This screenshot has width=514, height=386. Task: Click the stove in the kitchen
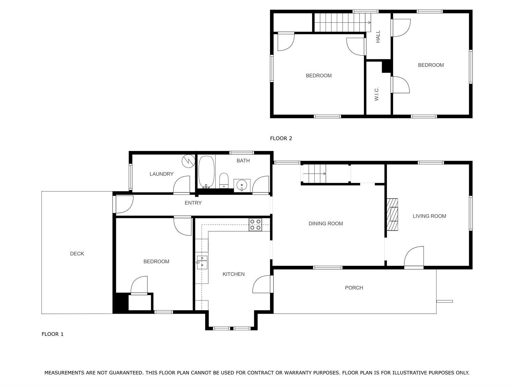[x=255, y=225]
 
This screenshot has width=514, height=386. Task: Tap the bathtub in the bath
[x=206, y=172]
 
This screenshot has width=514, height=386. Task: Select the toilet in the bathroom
[x=224, y=180]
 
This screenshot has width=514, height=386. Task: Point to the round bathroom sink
[x=242, y=186]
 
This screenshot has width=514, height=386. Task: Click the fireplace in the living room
[x=392, y=214]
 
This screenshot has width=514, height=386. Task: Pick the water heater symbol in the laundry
[x=188, y=161]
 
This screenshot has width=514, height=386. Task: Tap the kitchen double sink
[x=202, y=262]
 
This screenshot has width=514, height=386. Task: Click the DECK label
[x=77, y=254]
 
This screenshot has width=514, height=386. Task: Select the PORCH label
[x=354, y=288]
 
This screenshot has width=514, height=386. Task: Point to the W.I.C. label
[x=377, y=94]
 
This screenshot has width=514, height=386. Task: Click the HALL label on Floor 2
[x=378, y=37]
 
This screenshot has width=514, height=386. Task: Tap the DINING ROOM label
[x=326, y=224]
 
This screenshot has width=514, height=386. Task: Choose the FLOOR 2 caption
[x=281, y=138]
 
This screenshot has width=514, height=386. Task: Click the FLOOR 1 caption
[x=52, y=334]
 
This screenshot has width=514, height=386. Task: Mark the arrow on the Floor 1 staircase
[x=314, y=174]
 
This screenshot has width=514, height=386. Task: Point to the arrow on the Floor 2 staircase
[x=342, y=23]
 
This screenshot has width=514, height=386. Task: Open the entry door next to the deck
[x=123, y=204]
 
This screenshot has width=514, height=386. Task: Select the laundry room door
[x=182, y=185]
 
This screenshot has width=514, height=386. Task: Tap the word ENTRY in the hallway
[x=193, y=203]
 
